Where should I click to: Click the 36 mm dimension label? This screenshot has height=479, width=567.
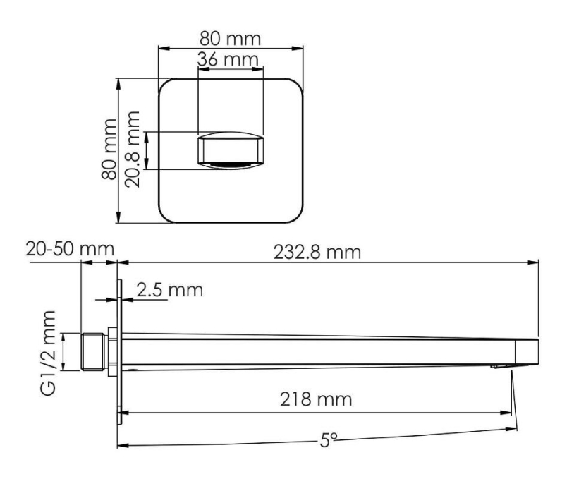[228, 60]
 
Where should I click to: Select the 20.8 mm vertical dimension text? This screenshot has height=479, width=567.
[132, 149]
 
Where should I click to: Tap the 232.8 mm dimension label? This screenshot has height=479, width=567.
[317, 252]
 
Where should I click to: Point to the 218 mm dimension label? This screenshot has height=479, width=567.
[316, 399]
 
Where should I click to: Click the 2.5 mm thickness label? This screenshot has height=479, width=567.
[169, 290]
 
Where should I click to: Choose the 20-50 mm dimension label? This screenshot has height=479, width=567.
[70, 249]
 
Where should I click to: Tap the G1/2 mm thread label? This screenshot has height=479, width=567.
[48, 353]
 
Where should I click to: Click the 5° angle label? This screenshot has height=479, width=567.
[329, 440]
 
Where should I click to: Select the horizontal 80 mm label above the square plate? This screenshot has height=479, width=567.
[230, 39]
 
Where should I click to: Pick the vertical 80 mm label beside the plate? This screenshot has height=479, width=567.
[109, 149]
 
